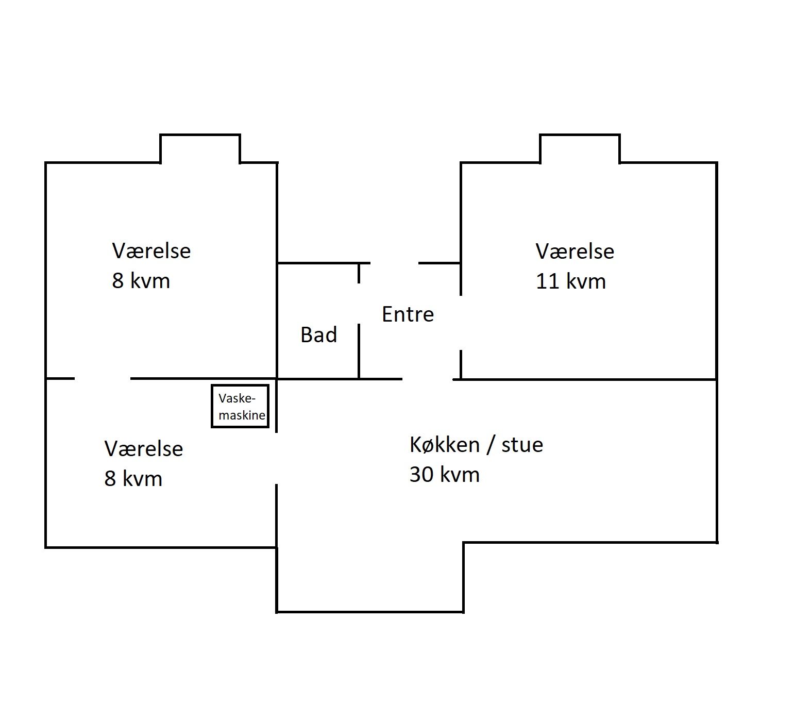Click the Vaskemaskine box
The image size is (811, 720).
click(240, 406)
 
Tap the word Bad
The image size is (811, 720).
click(319, 335)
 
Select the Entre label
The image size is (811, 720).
click(408, 314)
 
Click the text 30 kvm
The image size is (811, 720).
click(444, 474)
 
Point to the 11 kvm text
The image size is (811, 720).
click(570, 281)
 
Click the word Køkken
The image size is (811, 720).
click(445, 444)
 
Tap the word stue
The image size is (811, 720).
click(522, 445)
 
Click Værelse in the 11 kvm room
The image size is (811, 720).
click(575, 252)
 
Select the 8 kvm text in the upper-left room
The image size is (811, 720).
click(141, 281)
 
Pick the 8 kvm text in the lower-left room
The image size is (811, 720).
click(133, 479)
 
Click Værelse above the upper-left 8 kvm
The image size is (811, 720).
click(151, 251)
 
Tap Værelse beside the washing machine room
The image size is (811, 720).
click(144, 449)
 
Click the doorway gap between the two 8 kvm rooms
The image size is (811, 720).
click(103, 379)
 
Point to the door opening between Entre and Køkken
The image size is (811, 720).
click(428, 379)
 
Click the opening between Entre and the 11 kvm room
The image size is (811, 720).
click(461, 323)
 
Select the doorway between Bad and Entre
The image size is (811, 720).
click(359, 304)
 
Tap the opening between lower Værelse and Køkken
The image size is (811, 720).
click(277, 458)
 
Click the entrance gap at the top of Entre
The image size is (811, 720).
click(395, 263)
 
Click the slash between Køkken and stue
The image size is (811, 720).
click(491, 445)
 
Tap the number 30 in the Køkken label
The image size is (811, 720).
click(421, 474)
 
